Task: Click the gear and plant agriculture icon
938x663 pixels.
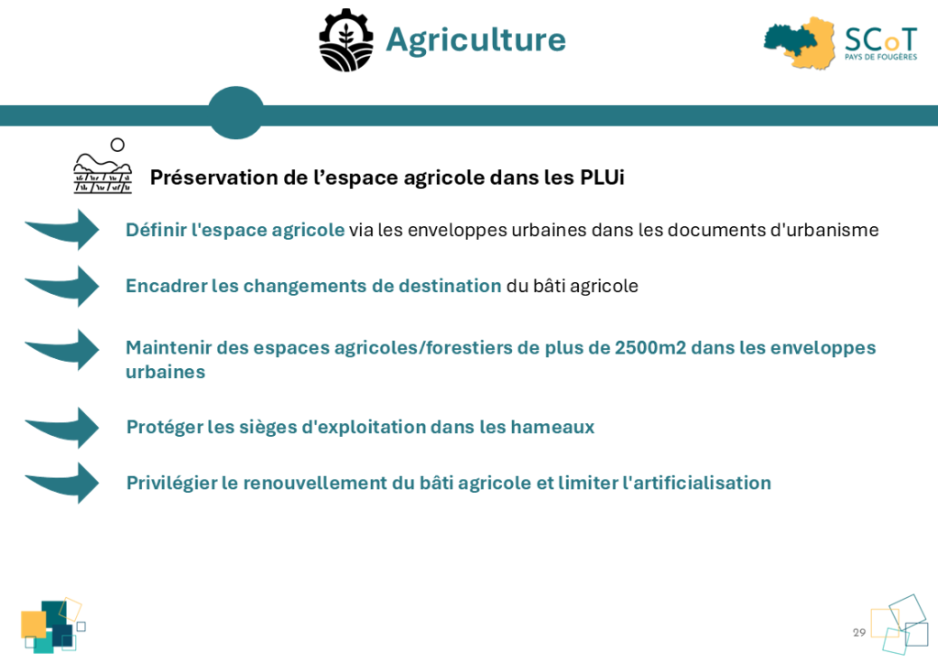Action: coord(345,40)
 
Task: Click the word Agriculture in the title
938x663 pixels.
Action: coord(476,40)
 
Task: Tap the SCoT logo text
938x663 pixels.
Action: coord(880,40)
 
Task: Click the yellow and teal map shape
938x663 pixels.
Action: coord(799,42)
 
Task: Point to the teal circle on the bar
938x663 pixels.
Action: coord(235,113)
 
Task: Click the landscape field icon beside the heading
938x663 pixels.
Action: coord(103,166)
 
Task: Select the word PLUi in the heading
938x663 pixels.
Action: coord(602,178)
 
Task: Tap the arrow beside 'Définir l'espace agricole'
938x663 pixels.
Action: coord(63,229)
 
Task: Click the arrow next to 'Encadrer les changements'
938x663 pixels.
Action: coord(63,286)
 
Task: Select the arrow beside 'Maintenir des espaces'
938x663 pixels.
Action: coord(63,349)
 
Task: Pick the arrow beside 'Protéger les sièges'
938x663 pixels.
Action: coord(63,428)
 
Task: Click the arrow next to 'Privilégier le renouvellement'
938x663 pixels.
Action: coord(63,483)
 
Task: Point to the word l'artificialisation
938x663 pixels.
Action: coord(697,483)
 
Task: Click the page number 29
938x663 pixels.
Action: coord(859,633)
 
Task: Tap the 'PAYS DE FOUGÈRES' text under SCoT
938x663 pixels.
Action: coord(880,57)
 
